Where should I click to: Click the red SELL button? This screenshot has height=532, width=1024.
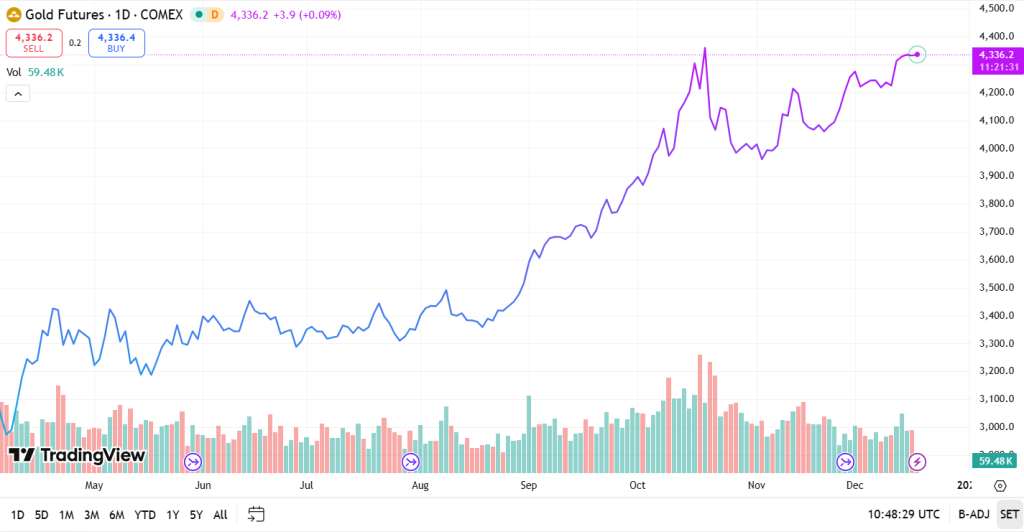coord(33,43)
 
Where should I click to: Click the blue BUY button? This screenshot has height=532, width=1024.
coord(116,43)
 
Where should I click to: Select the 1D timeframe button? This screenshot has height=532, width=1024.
coord(17,515)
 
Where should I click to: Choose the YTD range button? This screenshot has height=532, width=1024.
coord(145,515)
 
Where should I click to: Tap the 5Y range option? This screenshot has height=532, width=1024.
coord(196,515)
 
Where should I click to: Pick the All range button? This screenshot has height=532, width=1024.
coord(220,515)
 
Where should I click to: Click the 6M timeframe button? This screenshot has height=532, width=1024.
coord(117,515)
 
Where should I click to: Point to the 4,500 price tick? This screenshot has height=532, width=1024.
coord(997,8)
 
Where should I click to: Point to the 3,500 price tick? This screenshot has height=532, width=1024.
coord(997,288)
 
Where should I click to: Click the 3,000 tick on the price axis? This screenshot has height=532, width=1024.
coord(997,427)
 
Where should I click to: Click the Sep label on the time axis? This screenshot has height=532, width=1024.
coord(529,486)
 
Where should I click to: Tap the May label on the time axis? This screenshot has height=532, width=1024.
coord(94,486)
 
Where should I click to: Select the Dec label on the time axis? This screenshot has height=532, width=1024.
coord(854,486)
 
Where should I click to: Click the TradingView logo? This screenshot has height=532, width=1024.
coord(77,456)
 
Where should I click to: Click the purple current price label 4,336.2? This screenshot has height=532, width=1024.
coord(997,54)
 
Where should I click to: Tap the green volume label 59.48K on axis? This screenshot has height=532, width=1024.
coord(997,461)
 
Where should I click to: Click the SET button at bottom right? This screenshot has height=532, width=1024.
coord(1008,515)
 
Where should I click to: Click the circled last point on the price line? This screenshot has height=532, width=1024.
coord(917,54)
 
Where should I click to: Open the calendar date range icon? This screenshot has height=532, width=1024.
coord(256,515)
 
